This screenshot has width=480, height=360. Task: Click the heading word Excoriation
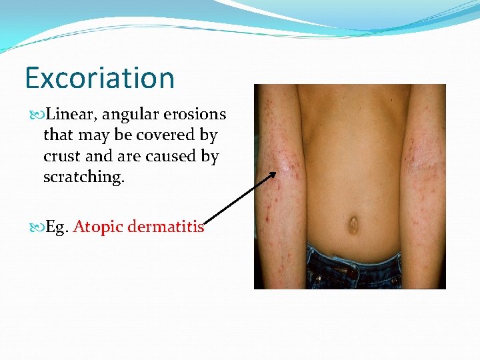(99, 78)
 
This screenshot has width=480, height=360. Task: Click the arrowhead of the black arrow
(273, 175)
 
